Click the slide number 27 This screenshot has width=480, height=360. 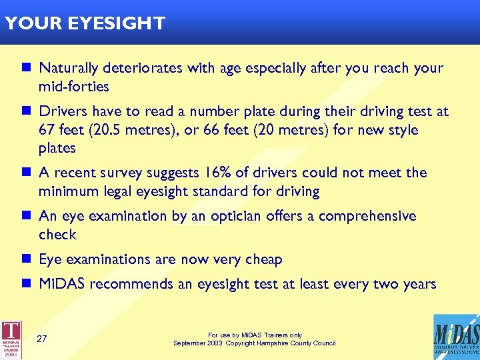click(41, 339)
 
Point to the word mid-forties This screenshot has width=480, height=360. click(74, 87)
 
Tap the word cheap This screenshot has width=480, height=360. click(263, 259)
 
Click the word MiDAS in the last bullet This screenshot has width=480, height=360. click(63, 285)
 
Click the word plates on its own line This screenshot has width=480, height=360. click(57, 148)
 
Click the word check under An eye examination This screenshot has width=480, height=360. click(58, 235)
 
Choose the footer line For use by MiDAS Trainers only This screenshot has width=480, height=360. click(255, 335)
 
